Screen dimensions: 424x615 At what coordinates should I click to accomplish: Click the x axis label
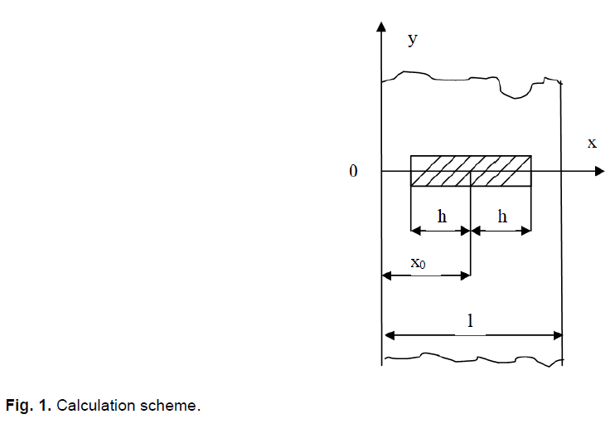click(592, 143)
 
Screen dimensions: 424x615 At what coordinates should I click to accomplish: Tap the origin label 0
click(354, 172)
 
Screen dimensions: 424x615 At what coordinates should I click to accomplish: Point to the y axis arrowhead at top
click(381, 26)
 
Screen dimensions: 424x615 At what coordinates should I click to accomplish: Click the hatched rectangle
click(471, 171)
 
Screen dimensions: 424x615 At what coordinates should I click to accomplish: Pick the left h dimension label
click(442, 217)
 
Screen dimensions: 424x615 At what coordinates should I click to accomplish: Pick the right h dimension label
click(501, 217)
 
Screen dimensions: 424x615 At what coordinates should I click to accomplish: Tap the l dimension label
click(471, 321)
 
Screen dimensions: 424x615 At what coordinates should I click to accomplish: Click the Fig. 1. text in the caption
click(29, 406)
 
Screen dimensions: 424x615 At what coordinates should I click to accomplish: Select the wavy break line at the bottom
click(464, 359)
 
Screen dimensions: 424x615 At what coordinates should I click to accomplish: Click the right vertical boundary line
click(562, 249)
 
